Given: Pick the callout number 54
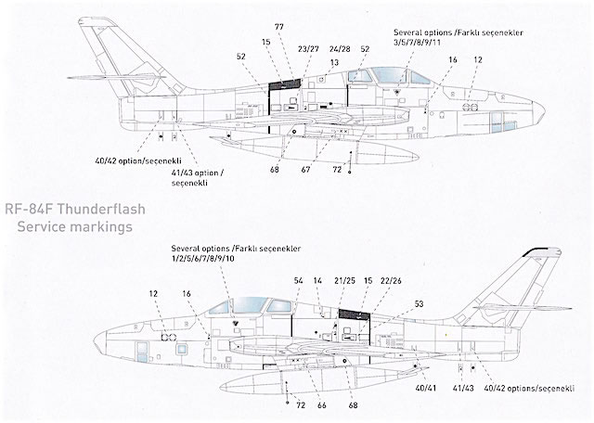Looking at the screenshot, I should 298,280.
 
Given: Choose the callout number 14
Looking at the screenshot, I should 318,280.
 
